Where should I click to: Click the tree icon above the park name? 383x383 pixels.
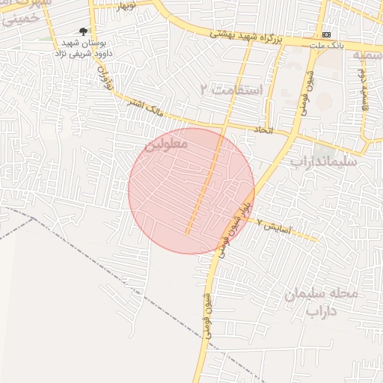click(83, 31)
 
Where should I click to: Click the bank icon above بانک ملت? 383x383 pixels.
click(327, 35)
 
